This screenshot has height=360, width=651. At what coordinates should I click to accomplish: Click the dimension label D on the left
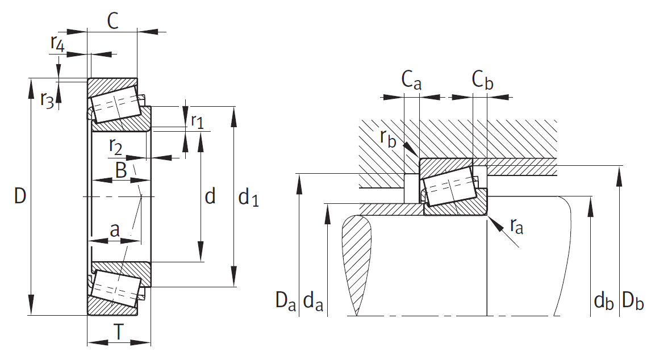20,195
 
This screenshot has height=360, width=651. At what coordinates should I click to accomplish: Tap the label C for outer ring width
113,21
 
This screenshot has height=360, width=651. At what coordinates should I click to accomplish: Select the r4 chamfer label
58,44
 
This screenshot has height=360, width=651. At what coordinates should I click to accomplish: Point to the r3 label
47,100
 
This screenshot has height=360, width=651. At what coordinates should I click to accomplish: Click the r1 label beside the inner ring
198,121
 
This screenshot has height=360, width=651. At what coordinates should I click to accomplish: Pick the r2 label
116,146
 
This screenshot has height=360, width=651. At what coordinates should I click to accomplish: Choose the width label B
121,170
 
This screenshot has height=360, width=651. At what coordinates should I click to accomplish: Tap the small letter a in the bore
115,229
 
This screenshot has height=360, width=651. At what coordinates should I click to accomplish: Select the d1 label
248,197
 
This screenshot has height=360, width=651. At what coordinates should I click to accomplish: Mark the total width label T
119,332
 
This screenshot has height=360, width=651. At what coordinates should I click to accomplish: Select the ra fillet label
516,226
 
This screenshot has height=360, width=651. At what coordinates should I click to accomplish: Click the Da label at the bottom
286,300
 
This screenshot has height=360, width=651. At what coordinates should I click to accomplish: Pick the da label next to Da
314,300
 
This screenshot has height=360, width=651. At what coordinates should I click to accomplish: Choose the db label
604,300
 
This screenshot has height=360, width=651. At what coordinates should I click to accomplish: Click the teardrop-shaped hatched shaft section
356,257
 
